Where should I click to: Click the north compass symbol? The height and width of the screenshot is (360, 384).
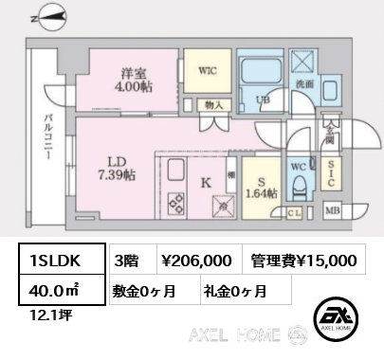coord(51,18)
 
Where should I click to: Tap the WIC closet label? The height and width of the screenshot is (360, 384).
coord(208,70)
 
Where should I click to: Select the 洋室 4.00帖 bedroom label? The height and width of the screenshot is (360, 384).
coord(134,81)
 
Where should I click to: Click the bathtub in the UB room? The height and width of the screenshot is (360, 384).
coord(262,72)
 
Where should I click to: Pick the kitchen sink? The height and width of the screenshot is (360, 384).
coord(175,169)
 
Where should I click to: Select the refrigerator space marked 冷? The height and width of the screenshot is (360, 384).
coord(223,207)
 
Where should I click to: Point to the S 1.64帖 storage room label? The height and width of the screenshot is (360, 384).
coord(262,188)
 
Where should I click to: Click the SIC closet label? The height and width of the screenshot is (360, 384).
coord(331,173)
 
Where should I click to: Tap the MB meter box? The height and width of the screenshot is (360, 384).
coord(333,210)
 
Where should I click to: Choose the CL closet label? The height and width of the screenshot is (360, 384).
coord(294,213)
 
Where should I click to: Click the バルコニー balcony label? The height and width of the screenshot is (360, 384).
coord(48,136)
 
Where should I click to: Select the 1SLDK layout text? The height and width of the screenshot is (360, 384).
coord(55,261)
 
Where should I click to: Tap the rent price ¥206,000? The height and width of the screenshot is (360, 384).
coord(196,261)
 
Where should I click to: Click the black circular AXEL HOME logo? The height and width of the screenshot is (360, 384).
coord(336,319)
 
